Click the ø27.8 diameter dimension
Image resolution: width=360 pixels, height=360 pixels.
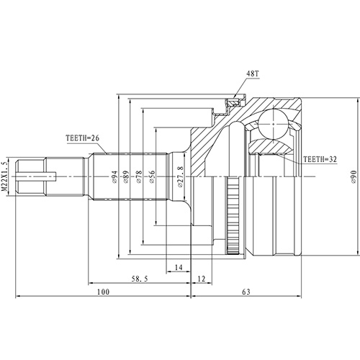tap(179, 175)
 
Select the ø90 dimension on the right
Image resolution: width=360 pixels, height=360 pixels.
tap(354, 175)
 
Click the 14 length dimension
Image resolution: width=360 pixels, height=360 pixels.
tap(178, 268)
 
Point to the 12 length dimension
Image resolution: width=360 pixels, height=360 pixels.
tap(201, 277)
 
